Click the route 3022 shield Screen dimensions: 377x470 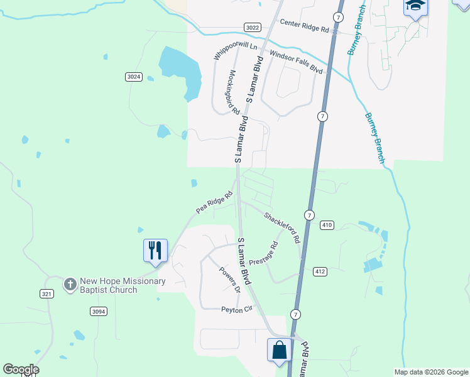tap(252, 27)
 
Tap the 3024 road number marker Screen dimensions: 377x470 tap(133, 77)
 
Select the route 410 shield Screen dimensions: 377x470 tap(327, 225)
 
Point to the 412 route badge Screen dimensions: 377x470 tap(320, 271)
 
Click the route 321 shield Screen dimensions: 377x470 tap(46, 293)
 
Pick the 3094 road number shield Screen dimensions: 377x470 tap(98, 311)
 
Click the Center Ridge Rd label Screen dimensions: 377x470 tap(305, 26)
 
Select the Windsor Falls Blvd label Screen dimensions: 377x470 tap(296, 63)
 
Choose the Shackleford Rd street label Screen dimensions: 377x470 tap(282, 227)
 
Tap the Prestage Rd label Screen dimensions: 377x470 tap(263, 253)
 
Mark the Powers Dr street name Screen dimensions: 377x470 tap(229, 280)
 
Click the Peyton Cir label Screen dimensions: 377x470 tap(236, 309)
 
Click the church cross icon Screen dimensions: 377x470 tap(70, 285)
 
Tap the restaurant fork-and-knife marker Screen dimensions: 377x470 tap(155, 250)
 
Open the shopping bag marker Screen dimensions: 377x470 tap(279, 349)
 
